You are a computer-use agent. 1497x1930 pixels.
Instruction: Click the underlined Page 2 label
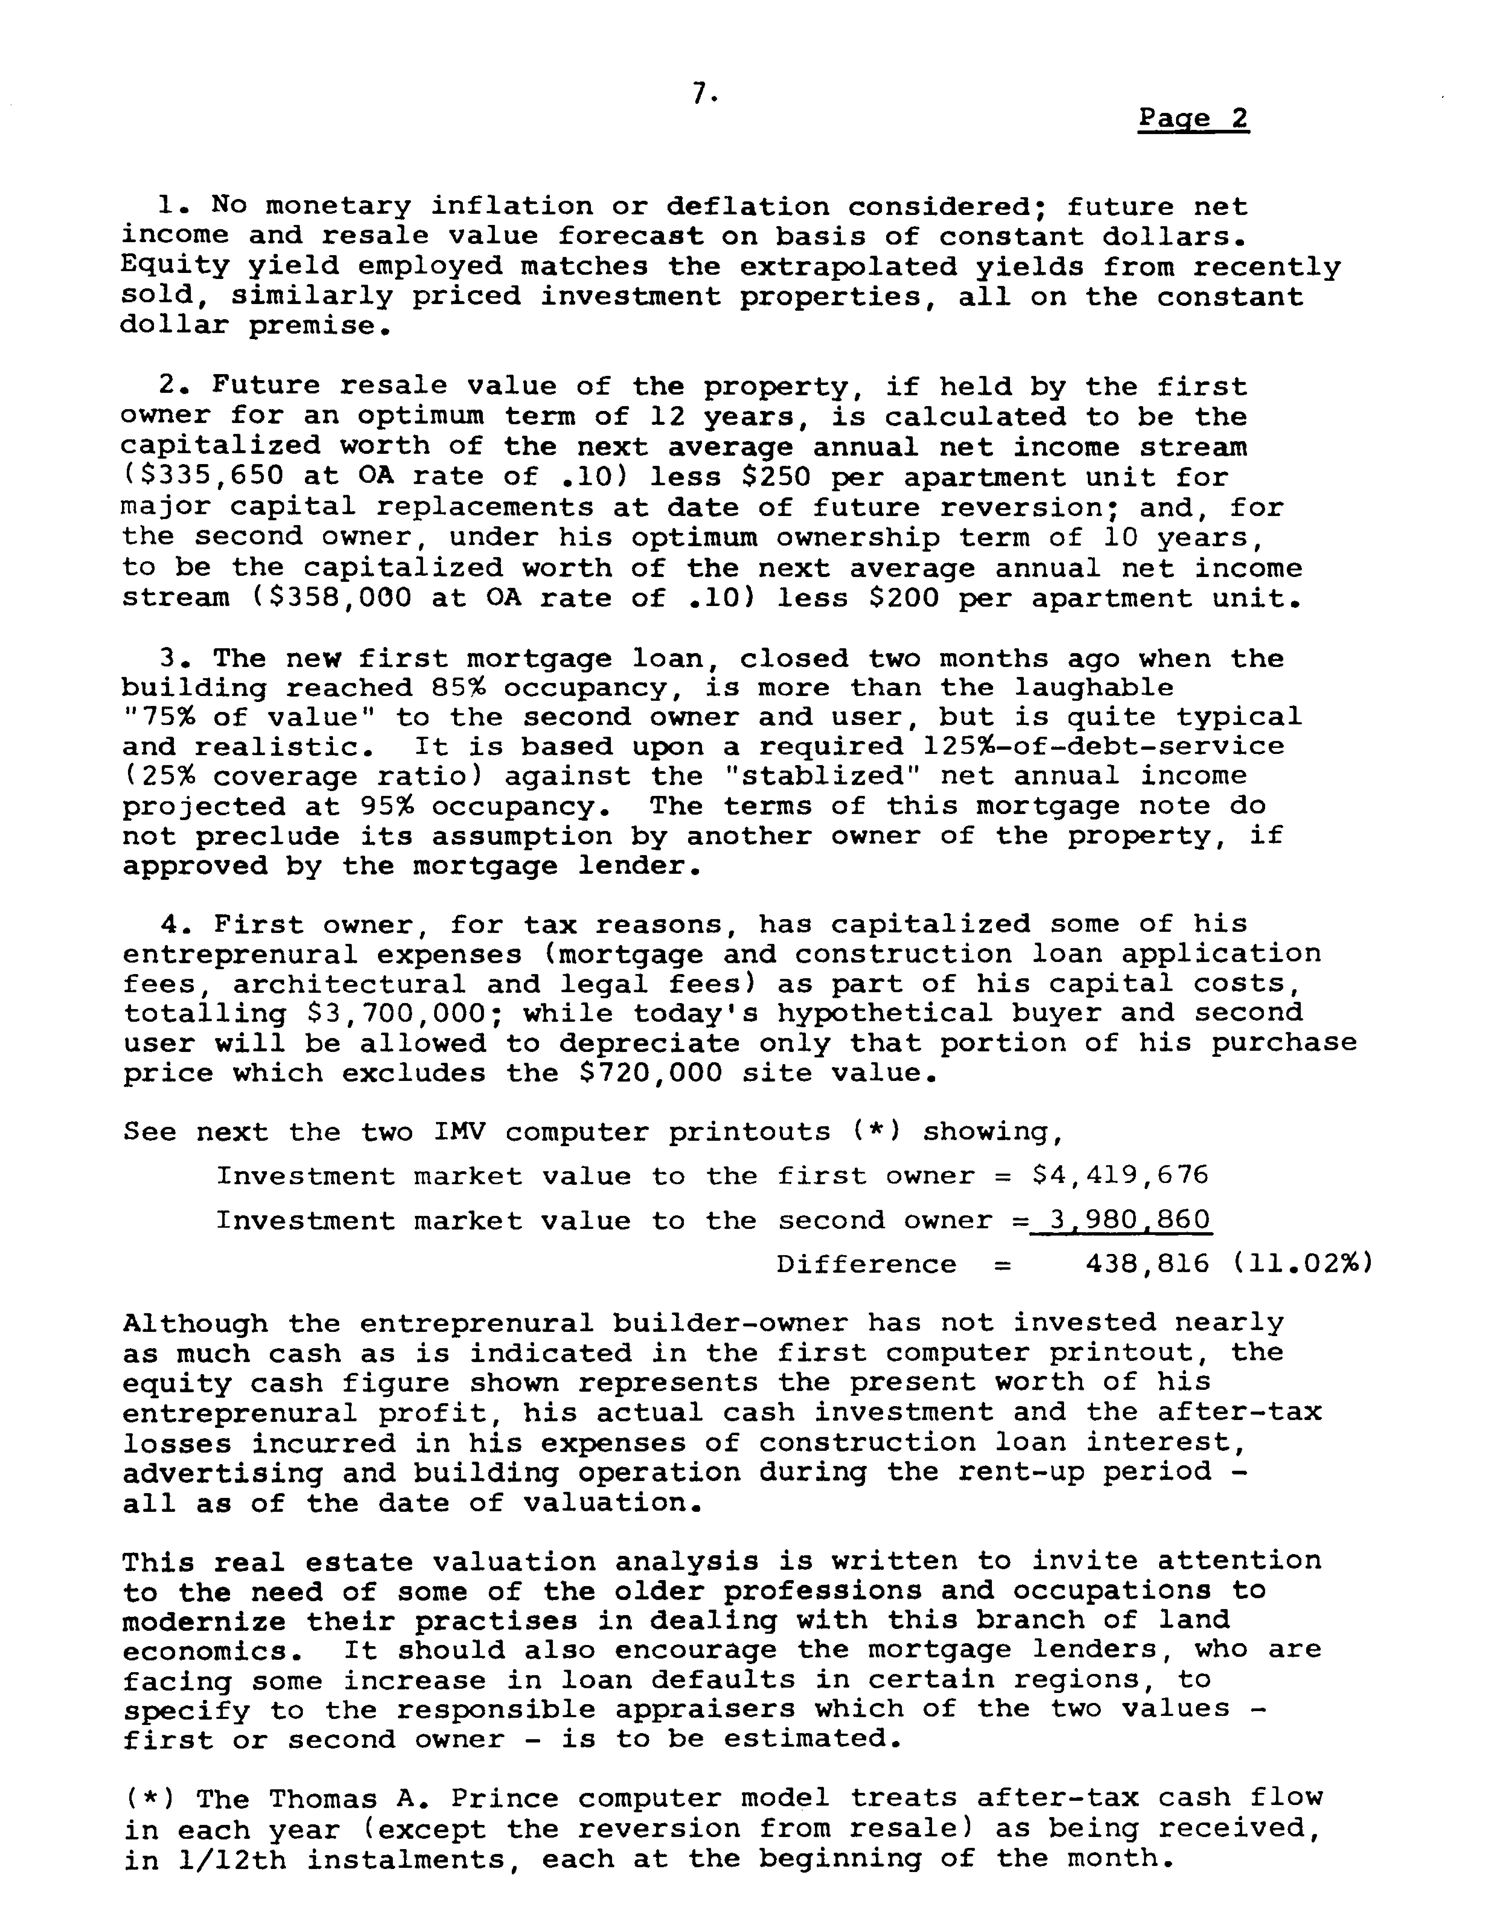click(x=1193, y=119)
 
